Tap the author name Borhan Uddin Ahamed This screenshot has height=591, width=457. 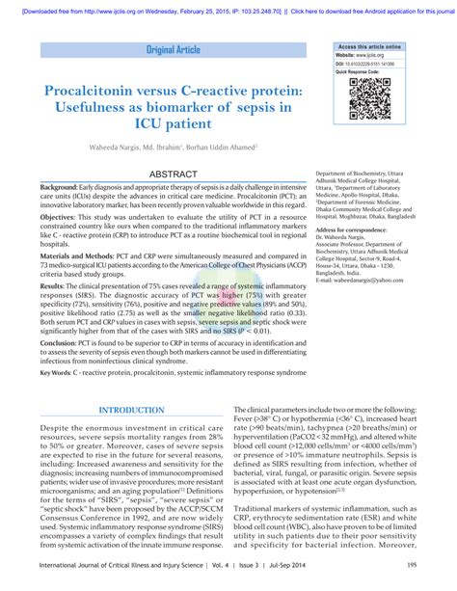(229, 147)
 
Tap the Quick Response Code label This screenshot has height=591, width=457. (360, 70)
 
